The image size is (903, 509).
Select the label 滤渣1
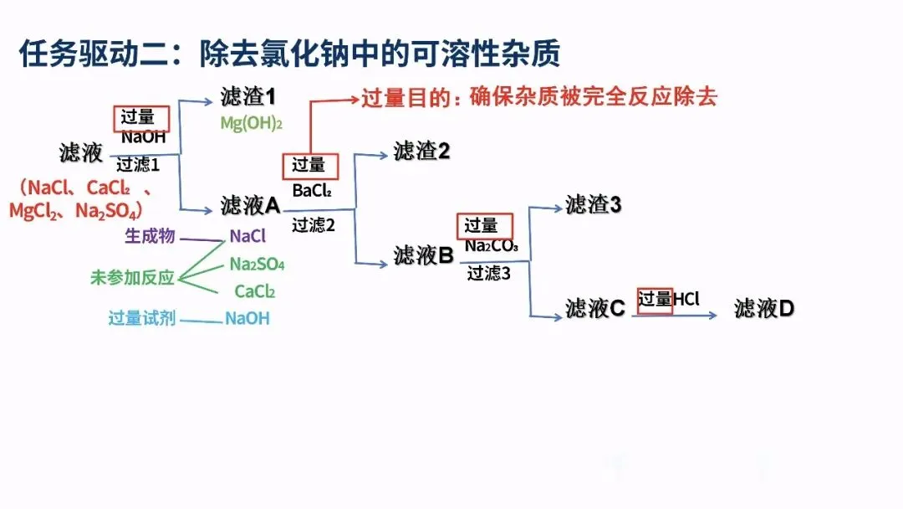point(248,97)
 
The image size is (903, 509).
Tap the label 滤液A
point(250,205)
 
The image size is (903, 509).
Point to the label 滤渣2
point(422,152)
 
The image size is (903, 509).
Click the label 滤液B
point(423,255)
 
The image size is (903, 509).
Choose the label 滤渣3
point(593,204)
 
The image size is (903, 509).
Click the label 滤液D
point(764,309)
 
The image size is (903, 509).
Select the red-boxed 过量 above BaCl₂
point(310,166)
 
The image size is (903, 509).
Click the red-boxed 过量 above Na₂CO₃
point(482,225)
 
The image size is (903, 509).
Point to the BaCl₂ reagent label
point(312,192)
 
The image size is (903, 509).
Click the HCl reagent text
point(686,299)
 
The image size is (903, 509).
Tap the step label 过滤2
point(314,224)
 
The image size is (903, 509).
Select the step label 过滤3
point(489,273)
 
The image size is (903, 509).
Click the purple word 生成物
point(150,236)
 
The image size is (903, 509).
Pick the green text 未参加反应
point(132,278)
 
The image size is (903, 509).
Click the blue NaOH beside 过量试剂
point(247,319)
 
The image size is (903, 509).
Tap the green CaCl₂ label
point(255,292)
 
